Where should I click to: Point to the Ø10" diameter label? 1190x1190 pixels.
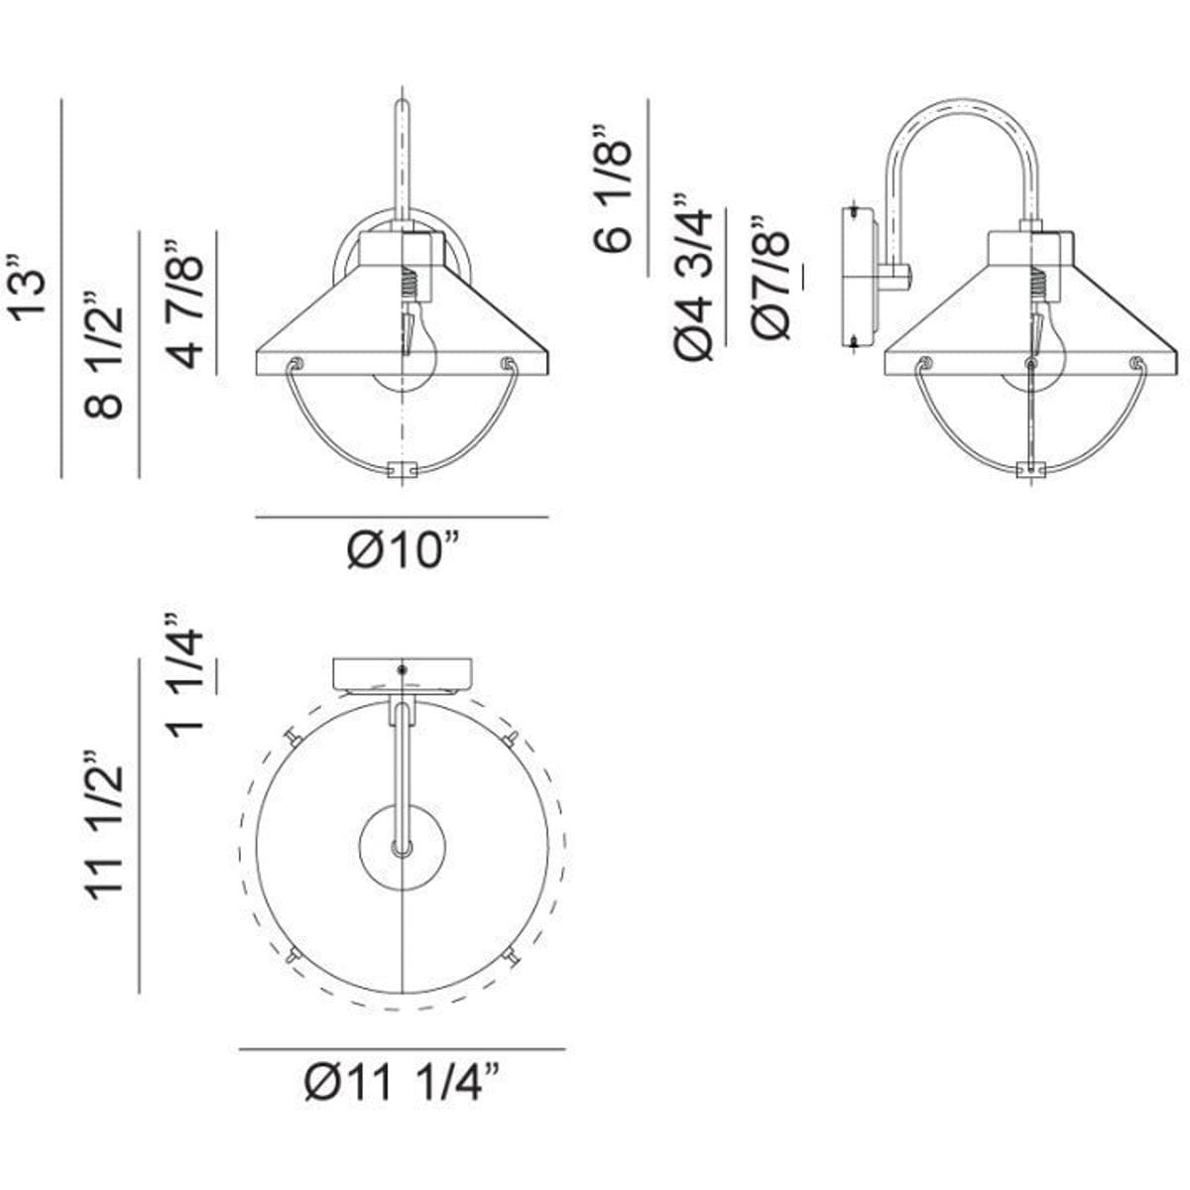click(x=402, y=549)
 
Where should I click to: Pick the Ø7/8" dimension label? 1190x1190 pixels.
click(x=770, y=278)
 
